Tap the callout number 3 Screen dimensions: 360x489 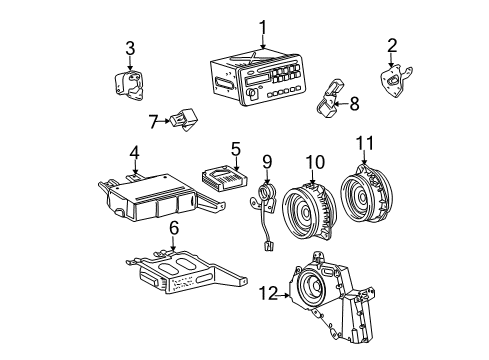coord(129,47)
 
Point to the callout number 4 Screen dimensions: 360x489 coord(134,153)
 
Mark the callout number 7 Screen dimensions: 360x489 coord(153,122)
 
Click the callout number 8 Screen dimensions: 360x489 coord(353,101)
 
